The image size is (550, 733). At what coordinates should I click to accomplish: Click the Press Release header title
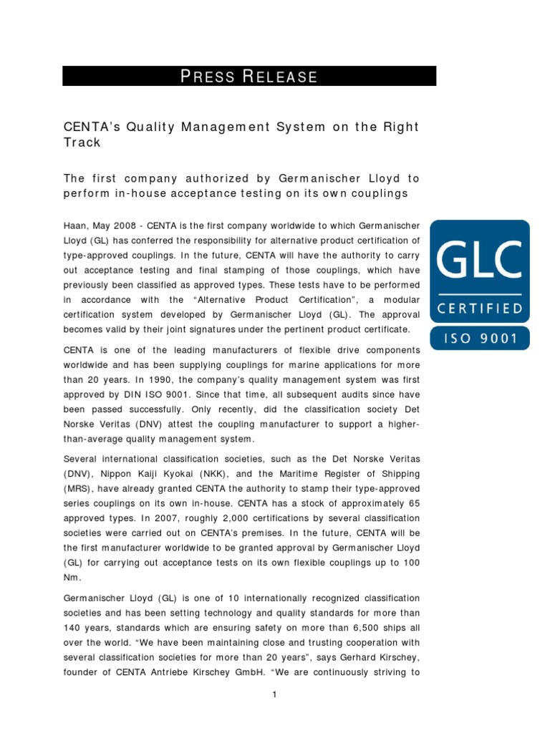[x=249, y=77]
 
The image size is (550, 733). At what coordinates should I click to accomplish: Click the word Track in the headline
[x=82, y=142]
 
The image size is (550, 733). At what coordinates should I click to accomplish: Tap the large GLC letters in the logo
[x=480, y=262]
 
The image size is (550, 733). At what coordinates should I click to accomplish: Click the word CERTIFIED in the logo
[x=480, y=309]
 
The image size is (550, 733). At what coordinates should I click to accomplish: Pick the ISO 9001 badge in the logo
[x=480, y=338]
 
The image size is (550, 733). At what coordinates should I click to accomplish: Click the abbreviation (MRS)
[x=79, y=489]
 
